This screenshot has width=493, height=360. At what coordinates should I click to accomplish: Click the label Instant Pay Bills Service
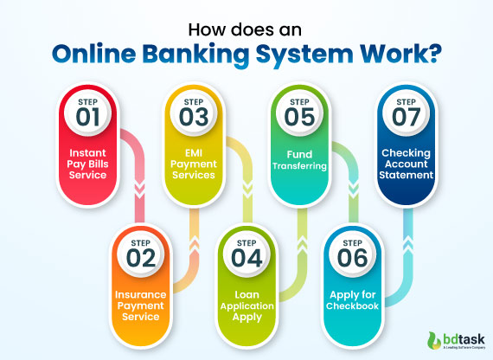[87, 164]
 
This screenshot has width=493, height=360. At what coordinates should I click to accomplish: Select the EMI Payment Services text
[193, 164]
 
